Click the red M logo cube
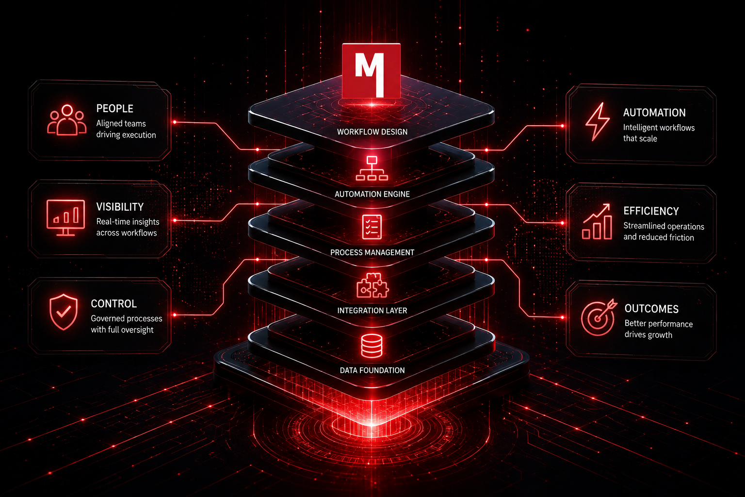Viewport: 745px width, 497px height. pos(371,70)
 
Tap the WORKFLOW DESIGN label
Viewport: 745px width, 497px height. pos(372,132)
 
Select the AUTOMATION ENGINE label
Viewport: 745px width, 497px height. pos(372,194)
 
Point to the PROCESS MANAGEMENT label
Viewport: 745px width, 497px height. pos(372,252)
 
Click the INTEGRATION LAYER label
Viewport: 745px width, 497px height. pos(372,311)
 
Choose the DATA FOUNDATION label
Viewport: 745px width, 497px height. pos(372,370)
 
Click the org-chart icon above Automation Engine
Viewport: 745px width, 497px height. pos(372,168)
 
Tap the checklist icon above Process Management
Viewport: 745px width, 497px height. pos(372,227)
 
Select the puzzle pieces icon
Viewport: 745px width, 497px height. pos(372,285)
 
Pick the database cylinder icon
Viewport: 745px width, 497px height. pos(372,346)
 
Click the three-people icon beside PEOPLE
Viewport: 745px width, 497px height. pos(67,120)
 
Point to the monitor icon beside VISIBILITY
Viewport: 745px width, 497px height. pos(66,218)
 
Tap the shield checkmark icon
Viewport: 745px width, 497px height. pos(64,312)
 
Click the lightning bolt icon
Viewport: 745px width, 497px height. pos(598,122)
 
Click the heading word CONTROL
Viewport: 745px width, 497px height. pos(114,304)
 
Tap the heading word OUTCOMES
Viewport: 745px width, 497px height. pos(651,309)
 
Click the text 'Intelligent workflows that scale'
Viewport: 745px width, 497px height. pos(659,133)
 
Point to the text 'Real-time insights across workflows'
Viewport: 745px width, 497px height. pos(128,227)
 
